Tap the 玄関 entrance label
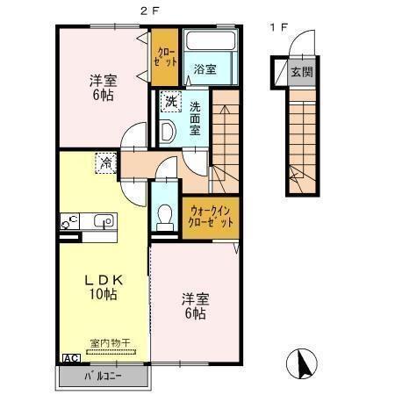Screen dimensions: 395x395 pos(301,72)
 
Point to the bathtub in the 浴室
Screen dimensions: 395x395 pos(211,44)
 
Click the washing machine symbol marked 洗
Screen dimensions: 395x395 pos(170,103)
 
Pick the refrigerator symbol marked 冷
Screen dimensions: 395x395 pos(106,162)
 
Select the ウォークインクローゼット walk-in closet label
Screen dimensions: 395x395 pos(210,217)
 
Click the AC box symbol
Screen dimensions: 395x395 pos(69,358)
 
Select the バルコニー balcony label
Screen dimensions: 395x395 pos(104,377)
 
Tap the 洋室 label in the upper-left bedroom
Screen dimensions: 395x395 pos(103,81)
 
